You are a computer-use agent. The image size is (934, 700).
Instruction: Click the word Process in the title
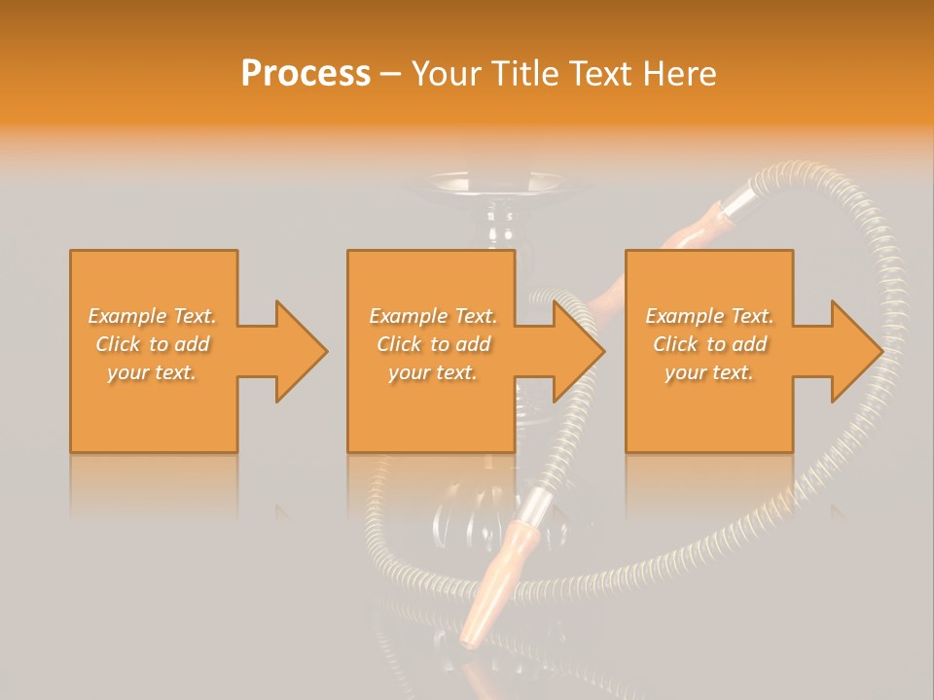click(x=305, y=74)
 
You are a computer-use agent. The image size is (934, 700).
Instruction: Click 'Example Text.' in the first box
click(x=153, y=316)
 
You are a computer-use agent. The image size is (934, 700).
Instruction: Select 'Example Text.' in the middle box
click(x=432, y=316)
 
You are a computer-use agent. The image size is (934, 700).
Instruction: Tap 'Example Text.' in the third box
click(x=709, y=316)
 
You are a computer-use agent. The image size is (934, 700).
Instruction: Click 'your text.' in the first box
click(x=153, y=372)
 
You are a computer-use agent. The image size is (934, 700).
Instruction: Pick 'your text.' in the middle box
click(x=432, y=372)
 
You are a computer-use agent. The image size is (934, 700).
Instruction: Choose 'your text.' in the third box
click(x=709, y=372)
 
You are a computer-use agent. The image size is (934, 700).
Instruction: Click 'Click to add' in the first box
click(x=153, y=344)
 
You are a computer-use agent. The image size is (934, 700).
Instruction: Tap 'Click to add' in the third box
click(x=709, y=344)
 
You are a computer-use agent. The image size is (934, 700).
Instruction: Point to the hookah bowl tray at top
click(x=496, y=182)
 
